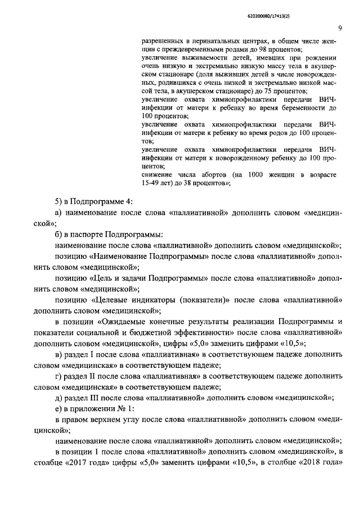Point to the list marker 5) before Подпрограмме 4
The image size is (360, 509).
(x=58, y=202)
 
